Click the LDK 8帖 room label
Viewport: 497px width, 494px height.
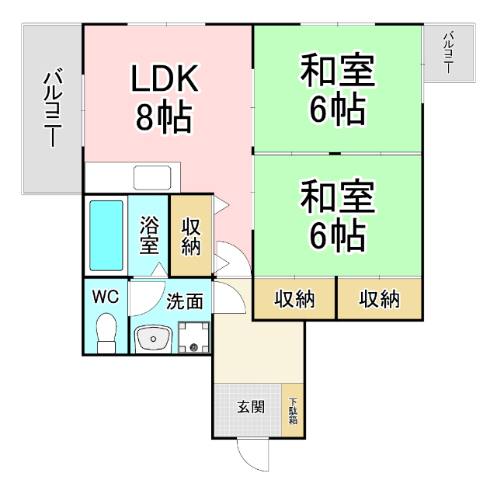(165, 99)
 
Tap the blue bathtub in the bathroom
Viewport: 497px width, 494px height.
(106, 235)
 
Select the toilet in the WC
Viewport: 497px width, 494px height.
(106, 333)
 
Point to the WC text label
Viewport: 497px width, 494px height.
(106, 297)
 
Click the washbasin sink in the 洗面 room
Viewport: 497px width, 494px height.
(153, 339)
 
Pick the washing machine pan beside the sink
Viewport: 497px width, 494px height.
(194, 337)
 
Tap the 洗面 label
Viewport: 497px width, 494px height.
(185, 301)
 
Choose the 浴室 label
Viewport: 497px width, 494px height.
(149, 235)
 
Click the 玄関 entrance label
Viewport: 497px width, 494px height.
(251, 407)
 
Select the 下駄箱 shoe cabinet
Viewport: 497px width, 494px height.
(293, 411)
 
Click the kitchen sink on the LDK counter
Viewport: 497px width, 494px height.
(152, 178)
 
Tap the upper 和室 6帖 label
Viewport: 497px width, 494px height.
(338, 89)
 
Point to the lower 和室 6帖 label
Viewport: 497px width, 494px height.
(338, 215)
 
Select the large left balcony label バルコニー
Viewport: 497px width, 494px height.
(53, 107)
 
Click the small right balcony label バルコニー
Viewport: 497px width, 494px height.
(448, 52)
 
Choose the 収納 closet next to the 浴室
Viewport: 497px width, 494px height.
(191, 235)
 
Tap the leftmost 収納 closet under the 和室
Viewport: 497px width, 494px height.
(294, 299)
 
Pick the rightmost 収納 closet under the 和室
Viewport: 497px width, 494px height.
(380, 299)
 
